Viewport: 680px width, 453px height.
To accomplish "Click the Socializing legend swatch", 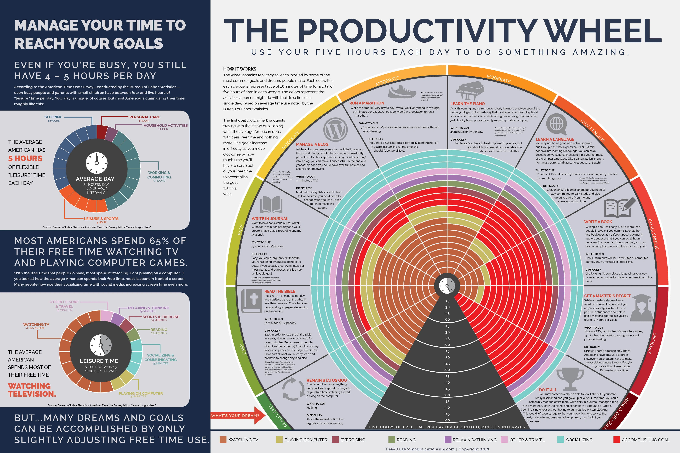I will point(560,440).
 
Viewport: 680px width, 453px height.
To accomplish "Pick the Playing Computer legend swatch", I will point(279,440).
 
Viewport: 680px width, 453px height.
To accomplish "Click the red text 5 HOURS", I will point(25,158).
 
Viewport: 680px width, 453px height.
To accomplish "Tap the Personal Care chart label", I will point(145,118).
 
